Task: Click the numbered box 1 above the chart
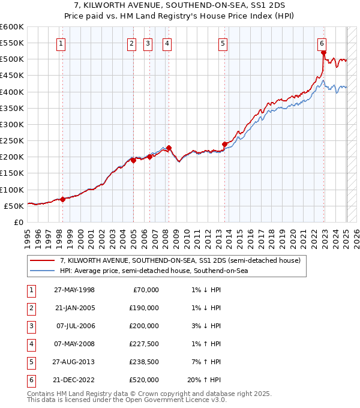click(x=62, y=43)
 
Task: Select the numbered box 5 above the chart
click(x=223, y=43)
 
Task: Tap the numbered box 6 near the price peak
click(x=322, y=43)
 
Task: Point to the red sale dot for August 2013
click(x=224, y=144)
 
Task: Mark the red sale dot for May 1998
click(x=63, y=199)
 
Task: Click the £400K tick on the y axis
click(x=12, y=92)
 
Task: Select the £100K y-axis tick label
click(x=12, y=190)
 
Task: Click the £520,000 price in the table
click(x=144, y=380)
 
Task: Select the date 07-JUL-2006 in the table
click(x=74, y=326)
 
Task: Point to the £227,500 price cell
click(x=144, y=344)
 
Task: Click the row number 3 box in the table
click(x=30, y=326)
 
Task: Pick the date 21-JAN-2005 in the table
click(x=74, y=308)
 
